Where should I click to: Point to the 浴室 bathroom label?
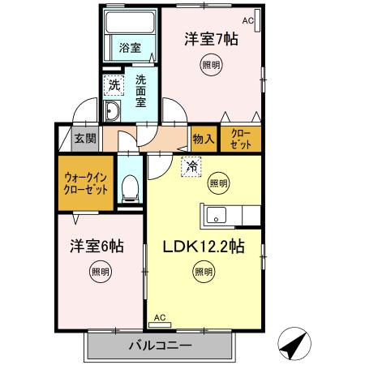point(130,48)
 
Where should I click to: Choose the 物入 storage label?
point(204,138)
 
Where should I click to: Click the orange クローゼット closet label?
point(241,137)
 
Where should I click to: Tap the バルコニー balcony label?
point(160,346)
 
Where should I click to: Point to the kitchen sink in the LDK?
point(217,215)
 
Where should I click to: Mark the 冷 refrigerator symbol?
point(191,165)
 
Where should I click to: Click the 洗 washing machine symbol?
point(114,84)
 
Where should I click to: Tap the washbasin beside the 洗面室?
point(113,111)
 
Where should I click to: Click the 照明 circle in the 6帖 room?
point(97,273)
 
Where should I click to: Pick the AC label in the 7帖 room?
point(247,21)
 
